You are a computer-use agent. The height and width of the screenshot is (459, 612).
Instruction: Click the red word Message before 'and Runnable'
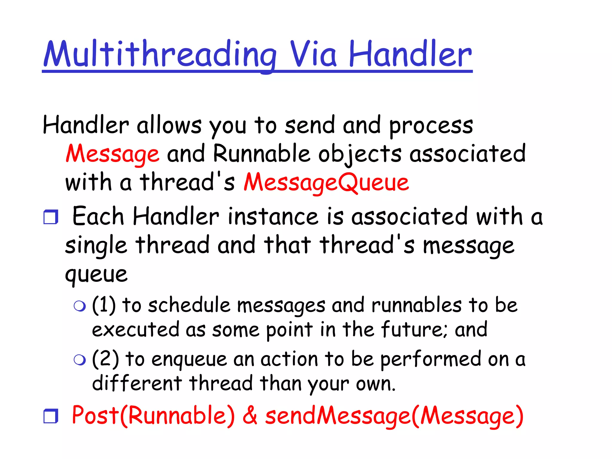coord(112,154)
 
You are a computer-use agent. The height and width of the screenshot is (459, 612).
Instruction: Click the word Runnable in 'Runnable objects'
coord(261,154)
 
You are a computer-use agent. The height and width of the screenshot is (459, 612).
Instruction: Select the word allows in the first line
coord(169,126)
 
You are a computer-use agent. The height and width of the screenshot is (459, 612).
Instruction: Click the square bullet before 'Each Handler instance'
coord(51,217)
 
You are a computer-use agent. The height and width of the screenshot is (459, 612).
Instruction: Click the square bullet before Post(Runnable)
coord(51,416)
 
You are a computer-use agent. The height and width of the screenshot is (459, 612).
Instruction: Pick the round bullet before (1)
coord(80,306)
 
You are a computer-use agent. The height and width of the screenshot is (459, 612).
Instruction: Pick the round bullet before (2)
coord(80,360)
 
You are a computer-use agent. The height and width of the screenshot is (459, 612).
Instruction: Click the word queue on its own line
coord(96,274)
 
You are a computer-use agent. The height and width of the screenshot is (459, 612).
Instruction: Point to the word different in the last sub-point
coord(137,383)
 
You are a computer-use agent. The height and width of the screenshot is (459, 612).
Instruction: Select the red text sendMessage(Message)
coord(394,416)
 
